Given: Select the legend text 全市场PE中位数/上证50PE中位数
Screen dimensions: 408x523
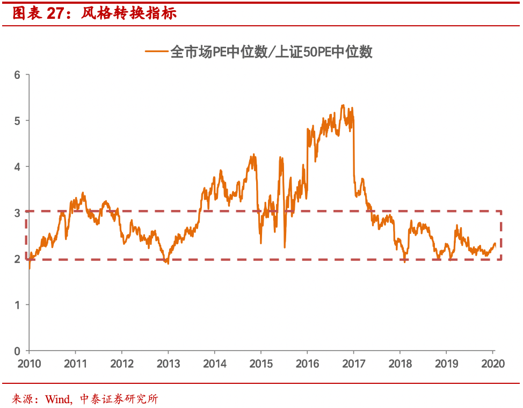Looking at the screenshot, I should tap(271, 52).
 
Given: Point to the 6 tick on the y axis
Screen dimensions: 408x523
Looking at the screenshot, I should tap(17, 75).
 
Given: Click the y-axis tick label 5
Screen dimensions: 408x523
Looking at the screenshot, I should tap(17, 121).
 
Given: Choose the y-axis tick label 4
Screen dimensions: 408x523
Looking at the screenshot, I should tap(17, 167).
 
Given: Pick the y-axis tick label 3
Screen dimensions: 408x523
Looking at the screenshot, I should tap(17, 213).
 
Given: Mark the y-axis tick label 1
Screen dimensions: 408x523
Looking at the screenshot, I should tap(17, 305).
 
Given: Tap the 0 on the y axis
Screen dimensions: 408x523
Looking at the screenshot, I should tap(17, 351).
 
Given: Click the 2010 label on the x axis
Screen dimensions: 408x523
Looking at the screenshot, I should tap(29, 364).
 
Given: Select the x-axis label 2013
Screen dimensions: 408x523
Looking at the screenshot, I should tap(168, 364).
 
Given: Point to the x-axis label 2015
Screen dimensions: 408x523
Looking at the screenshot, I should tap(260, 364).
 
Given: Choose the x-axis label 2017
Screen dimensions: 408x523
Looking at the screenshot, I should tap(353, 364).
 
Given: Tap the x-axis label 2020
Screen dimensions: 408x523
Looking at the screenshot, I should tap(493, 364).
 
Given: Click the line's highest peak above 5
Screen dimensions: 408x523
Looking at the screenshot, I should tap(343, 105).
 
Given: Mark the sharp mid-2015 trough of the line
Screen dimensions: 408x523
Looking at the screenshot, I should tap(284, 247).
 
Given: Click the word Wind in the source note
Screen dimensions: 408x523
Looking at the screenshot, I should tap(57, 399).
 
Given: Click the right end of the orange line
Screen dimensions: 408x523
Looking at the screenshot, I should tap(495, 244).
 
